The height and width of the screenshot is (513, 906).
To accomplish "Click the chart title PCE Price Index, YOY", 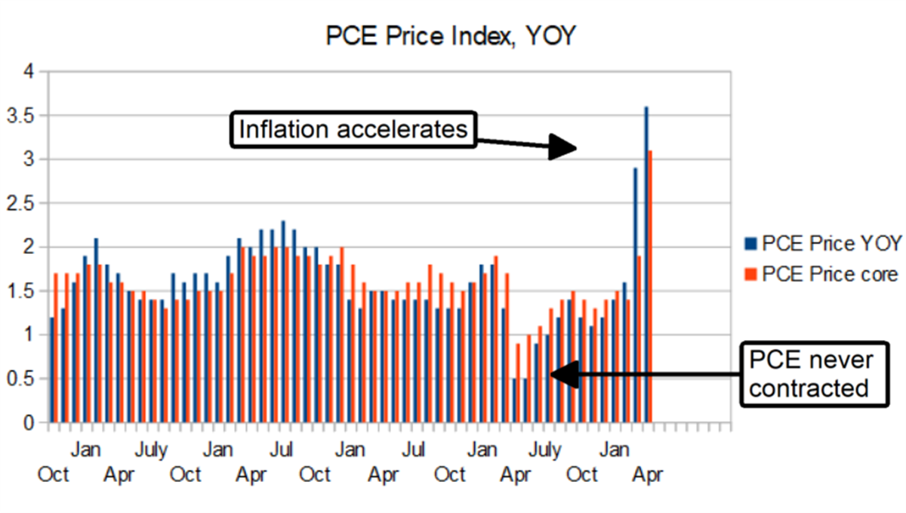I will [x=451, y=36].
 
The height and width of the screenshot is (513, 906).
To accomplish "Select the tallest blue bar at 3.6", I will [x=646, y=264].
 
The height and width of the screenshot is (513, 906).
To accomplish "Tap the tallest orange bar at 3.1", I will [x=651, y=287].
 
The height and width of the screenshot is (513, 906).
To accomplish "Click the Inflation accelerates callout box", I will [x=353, y=130].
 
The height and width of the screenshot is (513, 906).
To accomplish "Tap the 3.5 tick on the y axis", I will [x=23, y=116].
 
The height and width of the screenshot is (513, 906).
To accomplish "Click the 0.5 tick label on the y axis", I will [x=23, y=379].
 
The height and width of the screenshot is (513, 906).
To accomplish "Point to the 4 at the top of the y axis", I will [x=29, y=72].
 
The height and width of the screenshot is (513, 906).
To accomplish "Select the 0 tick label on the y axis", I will [x=29, y=423].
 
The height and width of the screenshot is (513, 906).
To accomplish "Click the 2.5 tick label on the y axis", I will [x=23, y=203].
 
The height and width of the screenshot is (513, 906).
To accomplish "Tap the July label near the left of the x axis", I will [x=151, y=451].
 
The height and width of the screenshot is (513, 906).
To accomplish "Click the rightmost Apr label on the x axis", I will [x=646, y=475].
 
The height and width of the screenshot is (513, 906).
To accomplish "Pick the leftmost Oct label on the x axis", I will [x=54, y=475].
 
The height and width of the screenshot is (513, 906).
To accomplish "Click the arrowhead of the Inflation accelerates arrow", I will [x=562, y=147].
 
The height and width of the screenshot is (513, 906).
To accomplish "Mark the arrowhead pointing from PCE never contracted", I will [x=562, y=373].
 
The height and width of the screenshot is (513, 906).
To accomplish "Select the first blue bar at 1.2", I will [x=51, y=370].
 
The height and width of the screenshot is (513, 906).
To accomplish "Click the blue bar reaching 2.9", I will [x=636, y=295].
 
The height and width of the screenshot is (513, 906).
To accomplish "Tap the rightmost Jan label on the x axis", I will [x=615, y=451].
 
